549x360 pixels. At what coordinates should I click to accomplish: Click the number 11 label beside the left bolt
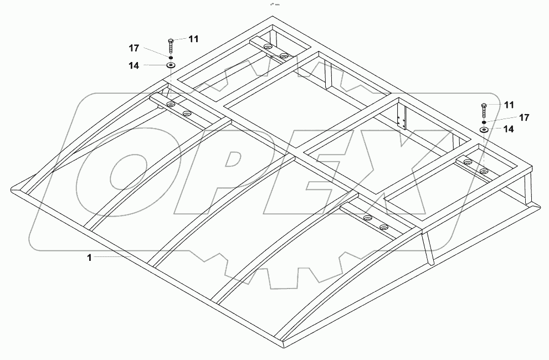193,39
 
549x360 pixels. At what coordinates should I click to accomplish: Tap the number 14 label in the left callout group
134,65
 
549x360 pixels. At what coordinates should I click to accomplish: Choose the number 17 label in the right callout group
524,117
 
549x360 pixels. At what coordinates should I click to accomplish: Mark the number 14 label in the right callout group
507,128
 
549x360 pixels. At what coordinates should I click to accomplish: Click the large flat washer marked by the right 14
484,130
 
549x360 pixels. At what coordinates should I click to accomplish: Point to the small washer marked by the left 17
171,56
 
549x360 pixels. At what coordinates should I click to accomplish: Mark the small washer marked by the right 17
484,121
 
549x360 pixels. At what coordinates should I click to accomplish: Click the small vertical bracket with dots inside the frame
402,119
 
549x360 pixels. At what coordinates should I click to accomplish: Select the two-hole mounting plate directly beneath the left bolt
177,108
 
